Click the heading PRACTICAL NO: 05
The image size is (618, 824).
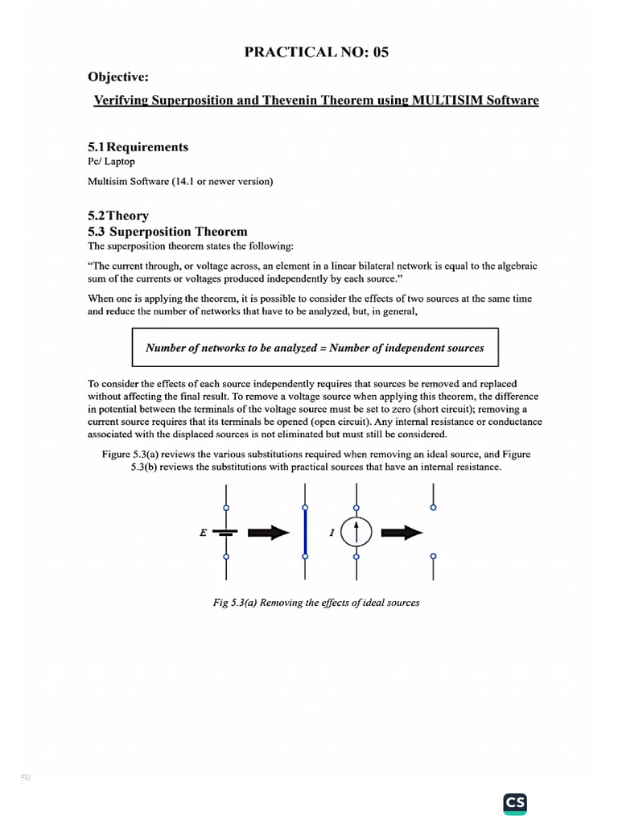coord(310,53)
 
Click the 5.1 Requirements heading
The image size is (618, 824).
coord(138,147)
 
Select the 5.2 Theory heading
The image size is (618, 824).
coord(117,216)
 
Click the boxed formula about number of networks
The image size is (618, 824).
coord(315,348)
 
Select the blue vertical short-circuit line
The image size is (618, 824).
coord(305,532)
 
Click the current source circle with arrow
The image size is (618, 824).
coord(356,532)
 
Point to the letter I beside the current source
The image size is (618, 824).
coord(332,533)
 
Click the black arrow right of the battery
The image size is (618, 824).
coord(268,532)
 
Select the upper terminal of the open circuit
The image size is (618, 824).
coord(435,507)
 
